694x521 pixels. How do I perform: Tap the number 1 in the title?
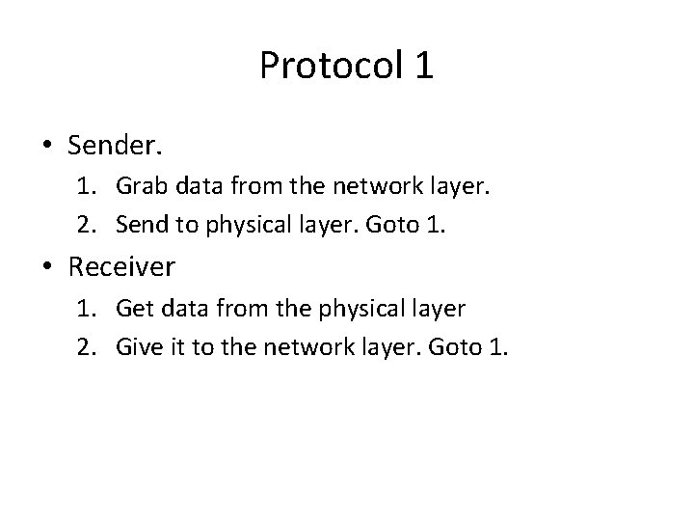pyautogui.click(x=424, y=66)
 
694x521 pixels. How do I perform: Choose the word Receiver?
pyautogui.click(x=121, y=265)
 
